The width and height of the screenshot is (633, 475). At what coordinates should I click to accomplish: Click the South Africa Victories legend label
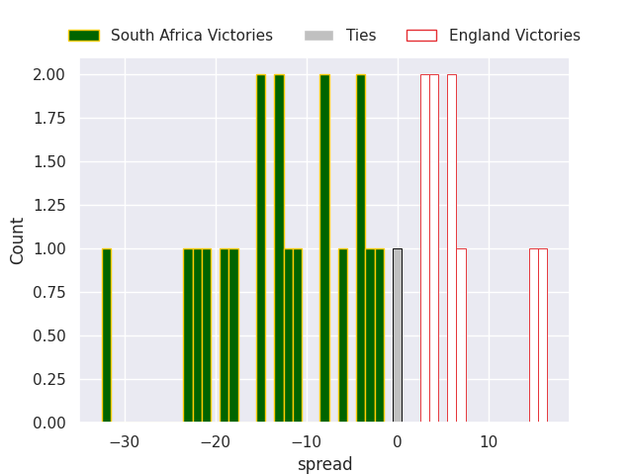click(x=191, y=36)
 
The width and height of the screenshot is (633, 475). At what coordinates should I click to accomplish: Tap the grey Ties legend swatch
click(x=318, y=36)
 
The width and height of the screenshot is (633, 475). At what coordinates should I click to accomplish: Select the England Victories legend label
click(x=514, y=36)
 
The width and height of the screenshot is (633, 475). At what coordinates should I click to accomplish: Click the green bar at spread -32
click(x=107, y=335)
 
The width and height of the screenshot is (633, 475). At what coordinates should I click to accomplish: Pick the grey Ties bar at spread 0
click(x=398, y=335)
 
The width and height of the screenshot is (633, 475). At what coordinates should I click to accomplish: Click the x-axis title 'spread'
click(x=324, y=464)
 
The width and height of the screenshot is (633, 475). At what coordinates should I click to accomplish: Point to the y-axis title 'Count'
click(x=18, y=240)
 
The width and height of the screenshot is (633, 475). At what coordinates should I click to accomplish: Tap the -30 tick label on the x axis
click(x=125, y=442)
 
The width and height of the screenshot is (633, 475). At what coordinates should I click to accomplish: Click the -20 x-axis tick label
click(x=216, y=442)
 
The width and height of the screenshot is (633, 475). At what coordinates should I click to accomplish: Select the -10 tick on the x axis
click(x=307, y=442)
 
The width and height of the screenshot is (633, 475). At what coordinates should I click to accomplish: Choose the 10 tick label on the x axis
click(x=489, y=442)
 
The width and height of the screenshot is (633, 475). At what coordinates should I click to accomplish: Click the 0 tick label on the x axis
click(x=398, y=442)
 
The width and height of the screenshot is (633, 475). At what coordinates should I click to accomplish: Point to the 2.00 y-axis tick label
click(x=48, y=75)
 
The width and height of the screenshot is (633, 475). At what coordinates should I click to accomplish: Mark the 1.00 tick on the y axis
click(x=48, y=249)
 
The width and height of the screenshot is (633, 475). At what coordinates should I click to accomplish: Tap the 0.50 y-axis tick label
click(x=48, y=336)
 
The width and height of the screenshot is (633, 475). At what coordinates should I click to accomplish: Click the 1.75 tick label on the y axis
click(x=48, y=119)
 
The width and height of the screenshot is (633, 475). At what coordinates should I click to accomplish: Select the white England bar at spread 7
click(x=461, y=335)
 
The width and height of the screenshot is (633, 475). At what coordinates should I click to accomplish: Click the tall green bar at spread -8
click(x=324, y=248)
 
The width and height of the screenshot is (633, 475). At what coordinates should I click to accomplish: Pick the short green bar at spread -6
click(x=343, y=335)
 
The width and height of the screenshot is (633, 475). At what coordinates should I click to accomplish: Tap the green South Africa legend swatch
click(x=83, y=36)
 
